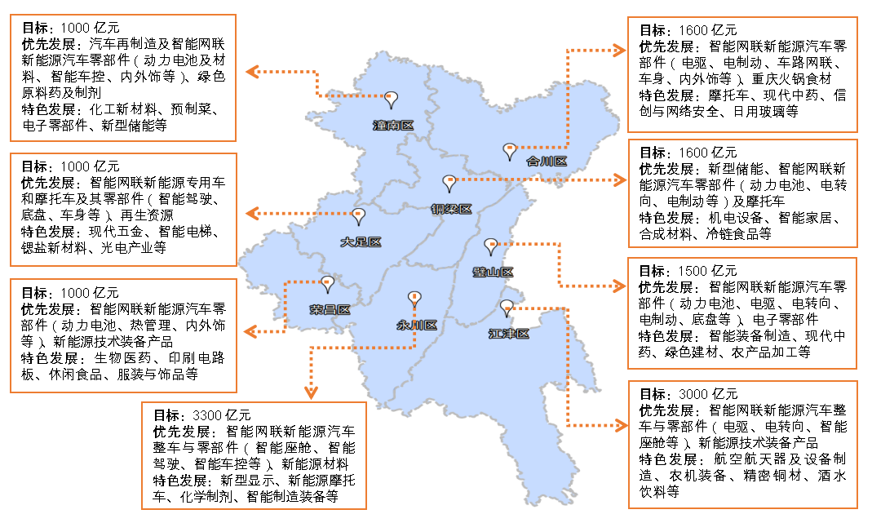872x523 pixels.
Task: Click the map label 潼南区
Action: point(393,126)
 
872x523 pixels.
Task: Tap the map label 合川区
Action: point(546,161)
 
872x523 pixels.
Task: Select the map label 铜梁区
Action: point(451,209)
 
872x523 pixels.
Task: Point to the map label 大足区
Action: point(361,242)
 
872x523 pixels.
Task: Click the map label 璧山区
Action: point(493,272)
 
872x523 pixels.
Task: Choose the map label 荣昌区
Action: point(330,310)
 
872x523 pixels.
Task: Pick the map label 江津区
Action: point(509,334)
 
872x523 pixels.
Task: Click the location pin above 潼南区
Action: point(392,100)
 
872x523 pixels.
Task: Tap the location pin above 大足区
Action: point(358,215)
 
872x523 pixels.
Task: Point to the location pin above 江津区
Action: point(507,307)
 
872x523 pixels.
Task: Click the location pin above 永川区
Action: point(414,298)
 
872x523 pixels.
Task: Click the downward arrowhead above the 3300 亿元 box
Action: point(311,391)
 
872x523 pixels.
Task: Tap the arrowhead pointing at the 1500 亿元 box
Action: point(617,286)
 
